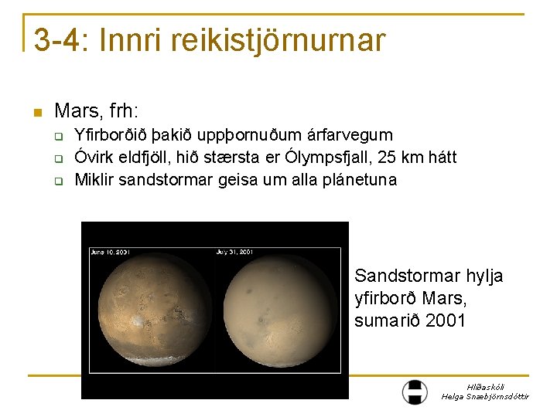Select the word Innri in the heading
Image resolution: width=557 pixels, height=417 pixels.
(135, 40)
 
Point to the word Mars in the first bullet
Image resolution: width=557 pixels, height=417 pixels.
(74, 111)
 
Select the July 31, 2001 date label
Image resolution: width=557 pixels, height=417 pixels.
(235, 252)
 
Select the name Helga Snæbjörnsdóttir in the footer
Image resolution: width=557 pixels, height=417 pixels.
(485, 396)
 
